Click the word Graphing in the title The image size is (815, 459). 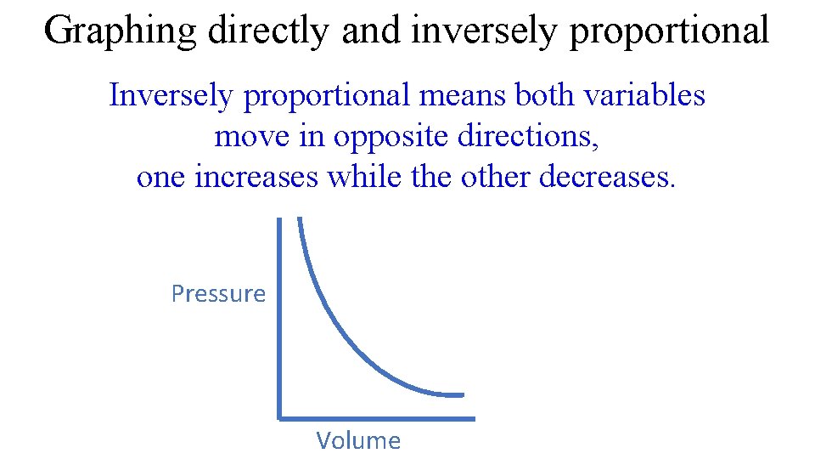coord(121,31)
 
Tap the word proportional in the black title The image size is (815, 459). coord(669,31)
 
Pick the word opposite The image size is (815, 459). coord(391,137)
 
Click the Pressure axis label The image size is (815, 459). coord(218,294)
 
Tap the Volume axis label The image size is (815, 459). coord(358,440)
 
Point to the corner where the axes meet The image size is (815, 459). coord(279,417)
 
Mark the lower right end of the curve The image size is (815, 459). coord(463,394)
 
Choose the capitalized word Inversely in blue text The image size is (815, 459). coord(171,96)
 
